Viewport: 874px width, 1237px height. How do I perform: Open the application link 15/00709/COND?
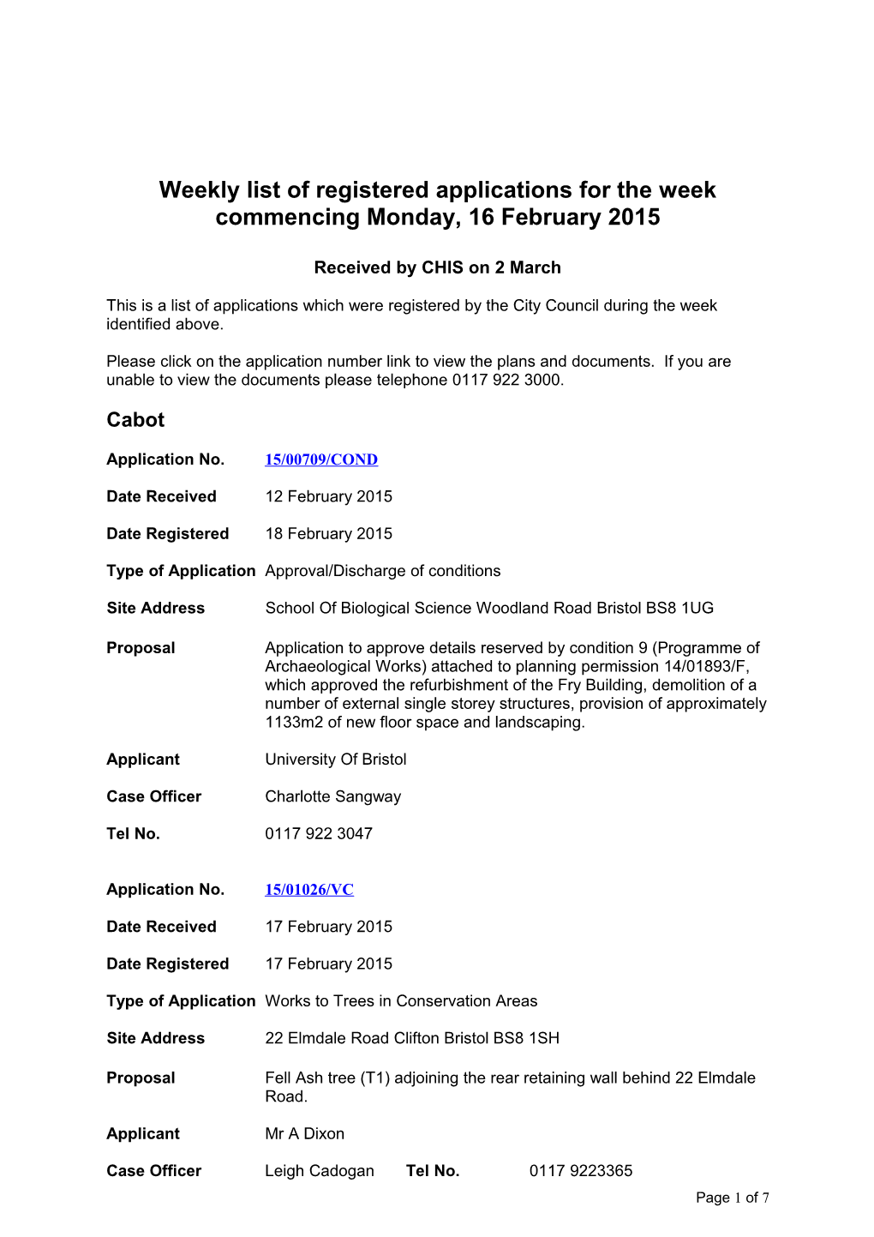coord(320,459)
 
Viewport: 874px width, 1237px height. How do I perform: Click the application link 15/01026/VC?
coord(308,890)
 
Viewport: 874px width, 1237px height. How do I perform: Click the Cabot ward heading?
coord(135,420)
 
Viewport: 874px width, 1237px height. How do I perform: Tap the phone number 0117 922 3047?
coord(319,833)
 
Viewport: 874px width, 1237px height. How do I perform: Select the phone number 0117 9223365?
coord(580,1171)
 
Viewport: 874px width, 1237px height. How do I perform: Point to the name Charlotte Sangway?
coord(332,796)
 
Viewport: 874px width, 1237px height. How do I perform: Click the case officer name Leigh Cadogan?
coord(319,1171)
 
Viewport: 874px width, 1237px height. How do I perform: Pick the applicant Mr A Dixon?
coord(304,1133)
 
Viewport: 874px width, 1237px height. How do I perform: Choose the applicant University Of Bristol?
coord(335,760)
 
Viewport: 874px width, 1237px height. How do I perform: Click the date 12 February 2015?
coord(328,496)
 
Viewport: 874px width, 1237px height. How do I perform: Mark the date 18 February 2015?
coord(328,533)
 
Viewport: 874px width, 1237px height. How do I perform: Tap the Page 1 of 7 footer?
coord(732,1198)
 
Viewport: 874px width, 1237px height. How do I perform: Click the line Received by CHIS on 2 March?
coord(437,267)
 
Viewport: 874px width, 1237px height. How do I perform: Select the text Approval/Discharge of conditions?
coord(382,571)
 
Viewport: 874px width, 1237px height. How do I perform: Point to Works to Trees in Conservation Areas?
coord(401,1000)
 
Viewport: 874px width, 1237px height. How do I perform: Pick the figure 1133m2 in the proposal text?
coord(294,722)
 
